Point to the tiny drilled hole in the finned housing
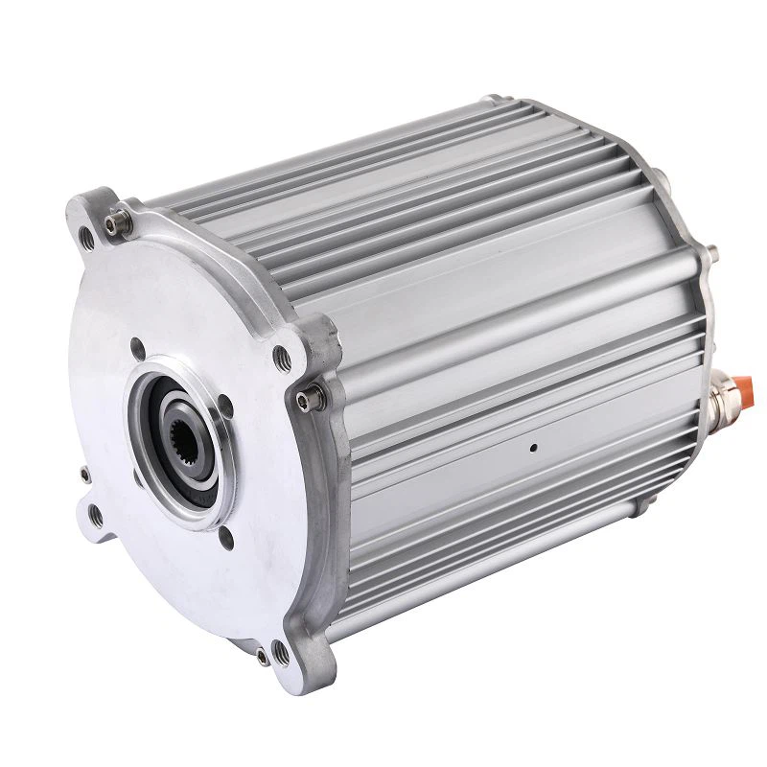pyautogui.click(x=533, y=445)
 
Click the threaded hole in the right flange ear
pyautogui.click(x=282, y=359)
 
